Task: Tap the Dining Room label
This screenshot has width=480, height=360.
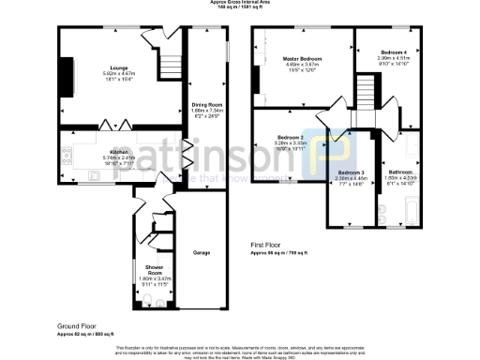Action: click(x=207, y=104)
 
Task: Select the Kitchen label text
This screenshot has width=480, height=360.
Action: click(x=119, y=152)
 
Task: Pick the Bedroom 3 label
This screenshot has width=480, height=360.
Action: click(x=351, y=172)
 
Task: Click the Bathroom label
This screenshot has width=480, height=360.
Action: click(x=401, y=172)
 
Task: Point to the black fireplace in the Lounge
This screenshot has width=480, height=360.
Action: click(x=66, y=73)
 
